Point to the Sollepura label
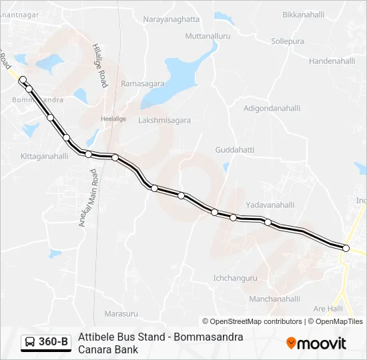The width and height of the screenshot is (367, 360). point(288,41)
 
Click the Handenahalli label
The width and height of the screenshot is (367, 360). point(332,61)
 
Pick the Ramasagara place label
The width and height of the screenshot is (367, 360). point(142,84)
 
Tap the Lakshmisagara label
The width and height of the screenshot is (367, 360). point(164,121)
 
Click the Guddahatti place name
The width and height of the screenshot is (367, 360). point(235,150)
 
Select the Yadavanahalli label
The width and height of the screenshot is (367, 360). point(270,205)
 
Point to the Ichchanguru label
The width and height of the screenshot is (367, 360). point(234,279)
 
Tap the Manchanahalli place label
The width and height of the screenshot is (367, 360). point(275,299)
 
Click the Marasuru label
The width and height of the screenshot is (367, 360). point(121,313)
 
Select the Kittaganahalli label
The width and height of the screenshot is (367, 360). point(45,157)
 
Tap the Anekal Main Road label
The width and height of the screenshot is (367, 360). point(89,199)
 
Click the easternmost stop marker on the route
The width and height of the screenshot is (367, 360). point(346,248)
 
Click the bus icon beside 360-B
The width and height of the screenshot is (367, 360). point(30,342)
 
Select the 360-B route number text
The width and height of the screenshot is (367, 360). point(53,342)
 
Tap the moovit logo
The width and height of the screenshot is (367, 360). point(316,343)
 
